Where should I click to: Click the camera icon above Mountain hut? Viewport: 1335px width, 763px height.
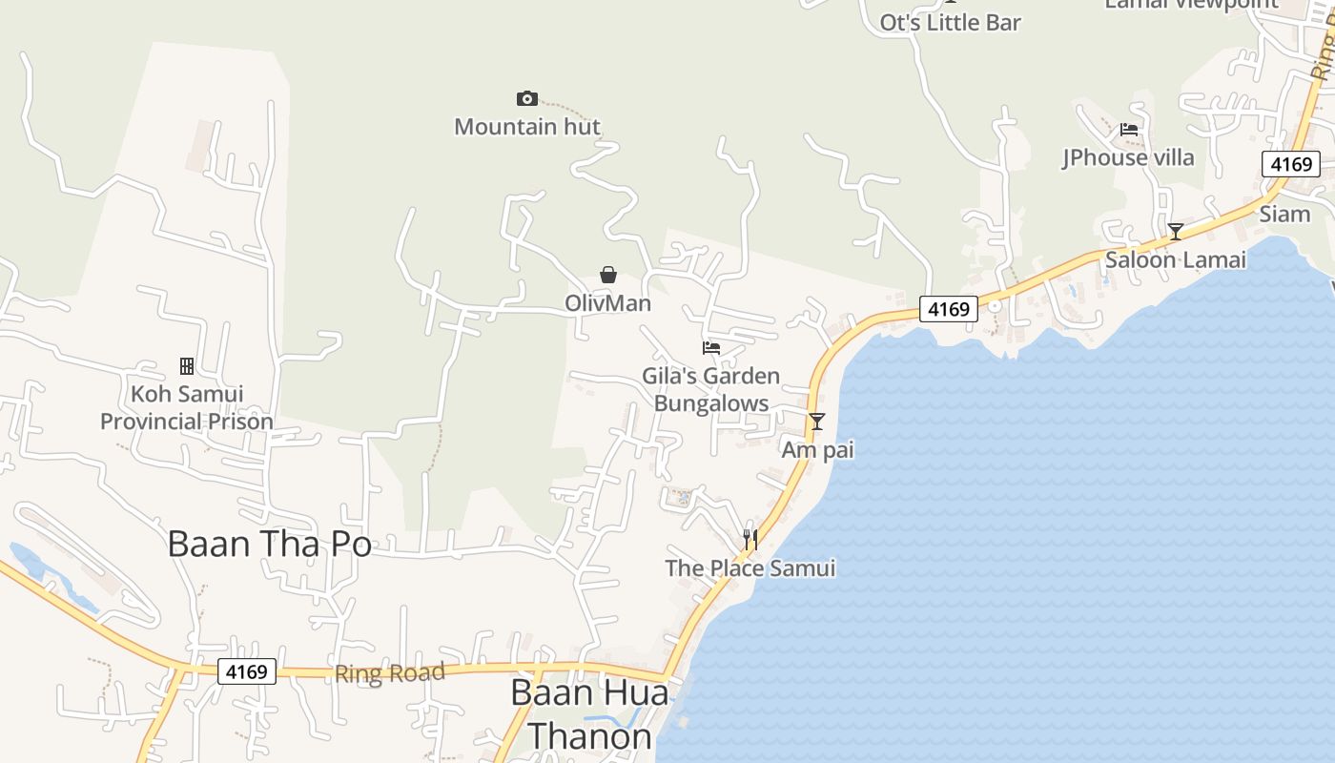coord(526,98)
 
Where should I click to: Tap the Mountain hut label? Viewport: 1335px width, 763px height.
coord(527,126)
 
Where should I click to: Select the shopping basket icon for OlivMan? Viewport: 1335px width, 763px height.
coord(607,276)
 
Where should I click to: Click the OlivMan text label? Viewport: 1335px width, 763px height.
coord(607,303)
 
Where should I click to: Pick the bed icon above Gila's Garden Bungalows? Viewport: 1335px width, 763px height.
coord(711,348)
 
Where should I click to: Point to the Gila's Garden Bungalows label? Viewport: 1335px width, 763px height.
coord(711,389)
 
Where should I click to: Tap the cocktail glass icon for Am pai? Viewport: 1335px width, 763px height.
coord(817,422)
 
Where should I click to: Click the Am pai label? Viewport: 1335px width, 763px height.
coord(817,449)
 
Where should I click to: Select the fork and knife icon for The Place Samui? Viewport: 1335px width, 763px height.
coord(750,541)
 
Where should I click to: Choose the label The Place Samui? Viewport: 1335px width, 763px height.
coord(750,568)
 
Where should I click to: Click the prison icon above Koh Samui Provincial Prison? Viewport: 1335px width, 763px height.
coord(187,366)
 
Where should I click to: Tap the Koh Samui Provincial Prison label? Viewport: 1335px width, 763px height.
coord(187,407)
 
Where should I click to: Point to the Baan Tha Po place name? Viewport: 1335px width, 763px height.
coord(269,544)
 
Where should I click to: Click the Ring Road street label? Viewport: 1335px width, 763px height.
coord(389,673)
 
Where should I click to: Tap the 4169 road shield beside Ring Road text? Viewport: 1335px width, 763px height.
coord(247,671)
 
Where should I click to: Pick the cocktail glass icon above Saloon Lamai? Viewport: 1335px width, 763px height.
coord(1176,232)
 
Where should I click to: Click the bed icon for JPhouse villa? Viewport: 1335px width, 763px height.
coord(1129,130)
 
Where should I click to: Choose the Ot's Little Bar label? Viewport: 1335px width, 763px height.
coord(950,23)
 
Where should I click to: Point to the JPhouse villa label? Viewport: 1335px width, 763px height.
coord(1129,157)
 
